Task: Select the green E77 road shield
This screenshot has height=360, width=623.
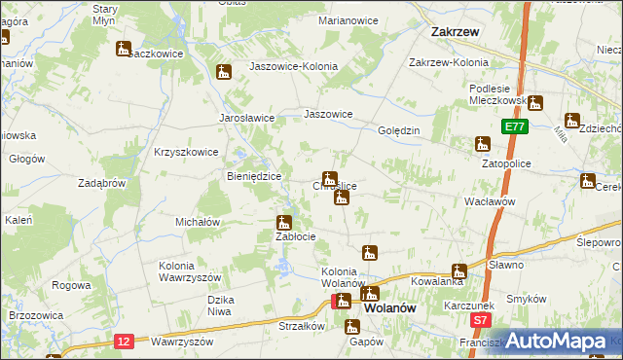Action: (x=515, y=126)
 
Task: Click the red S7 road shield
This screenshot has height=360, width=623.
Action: (x=478, y=319)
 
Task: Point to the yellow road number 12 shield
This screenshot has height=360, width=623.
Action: (x=123, y=340)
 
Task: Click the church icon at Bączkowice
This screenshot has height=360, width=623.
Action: (x=124, y=48)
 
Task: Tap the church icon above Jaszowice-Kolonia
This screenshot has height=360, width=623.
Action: (x=225, y=72)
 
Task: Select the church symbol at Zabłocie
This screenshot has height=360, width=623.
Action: (x=284, y=223)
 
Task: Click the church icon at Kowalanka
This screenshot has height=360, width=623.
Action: (x=458, y=271)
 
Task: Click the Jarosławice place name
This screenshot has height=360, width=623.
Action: (x=246, y=117)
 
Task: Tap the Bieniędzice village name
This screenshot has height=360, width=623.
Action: (x=253, y=176)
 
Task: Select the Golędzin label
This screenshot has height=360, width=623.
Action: (x=398, y=129)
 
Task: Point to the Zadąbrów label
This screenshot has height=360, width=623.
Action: (x=102, y=182)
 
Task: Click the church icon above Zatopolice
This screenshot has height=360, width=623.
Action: (x=482, y=145)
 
